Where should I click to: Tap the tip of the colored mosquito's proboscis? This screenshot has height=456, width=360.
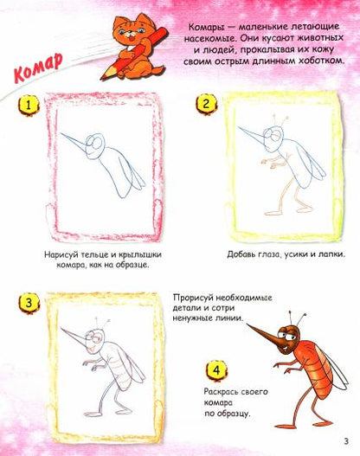[246, 324]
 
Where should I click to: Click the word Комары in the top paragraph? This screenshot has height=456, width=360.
[205, 30]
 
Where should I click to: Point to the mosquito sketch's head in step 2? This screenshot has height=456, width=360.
[274, 134]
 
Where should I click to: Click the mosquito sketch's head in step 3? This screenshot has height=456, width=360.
[99, 333]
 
